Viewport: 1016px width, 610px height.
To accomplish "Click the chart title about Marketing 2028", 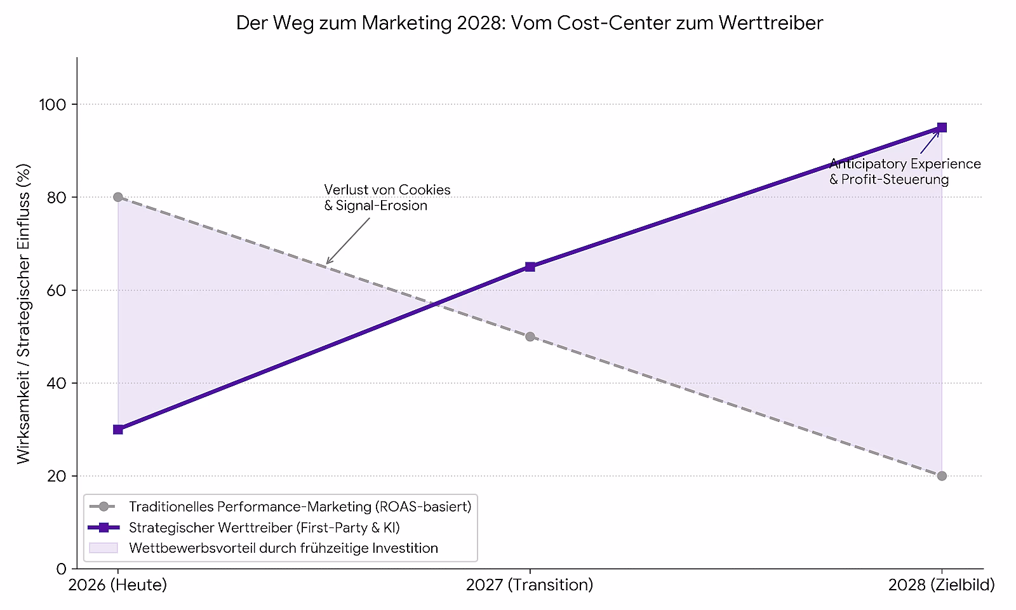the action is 530,23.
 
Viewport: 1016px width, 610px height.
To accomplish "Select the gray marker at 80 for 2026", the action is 118,197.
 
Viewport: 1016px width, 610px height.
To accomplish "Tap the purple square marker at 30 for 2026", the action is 118,430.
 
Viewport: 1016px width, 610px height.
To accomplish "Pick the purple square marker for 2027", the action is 530,267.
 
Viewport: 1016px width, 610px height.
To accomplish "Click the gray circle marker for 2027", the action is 530,337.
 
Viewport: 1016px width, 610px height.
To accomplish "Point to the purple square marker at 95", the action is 942,128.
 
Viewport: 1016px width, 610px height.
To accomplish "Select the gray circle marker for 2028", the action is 942,476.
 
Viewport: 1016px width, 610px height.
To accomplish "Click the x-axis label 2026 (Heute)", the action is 118,585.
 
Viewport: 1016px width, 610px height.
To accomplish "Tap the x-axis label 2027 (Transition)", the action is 530,585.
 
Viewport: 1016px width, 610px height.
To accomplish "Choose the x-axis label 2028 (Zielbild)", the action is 942,585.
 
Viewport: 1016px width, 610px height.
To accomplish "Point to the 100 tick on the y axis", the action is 53,105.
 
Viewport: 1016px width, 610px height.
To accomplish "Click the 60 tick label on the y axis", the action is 57,290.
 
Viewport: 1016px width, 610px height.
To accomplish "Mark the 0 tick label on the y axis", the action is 62,569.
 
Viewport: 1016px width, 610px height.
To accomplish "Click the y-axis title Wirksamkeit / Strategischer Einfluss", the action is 23,314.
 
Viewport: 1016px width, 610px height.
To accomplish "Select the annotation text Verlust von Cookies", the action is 387,190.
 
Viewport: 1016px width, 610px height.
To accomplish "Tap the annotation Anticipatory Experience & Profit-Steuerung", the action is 905,172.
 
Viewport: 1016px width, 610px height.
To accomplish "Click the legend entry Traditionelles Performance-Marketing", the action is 300,506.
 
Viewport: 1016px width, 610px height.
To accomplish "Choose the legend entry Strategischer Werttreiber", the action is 264,527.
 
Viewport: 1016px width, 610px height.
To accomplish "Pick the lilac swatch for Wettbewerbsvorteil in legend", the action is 104,548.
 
